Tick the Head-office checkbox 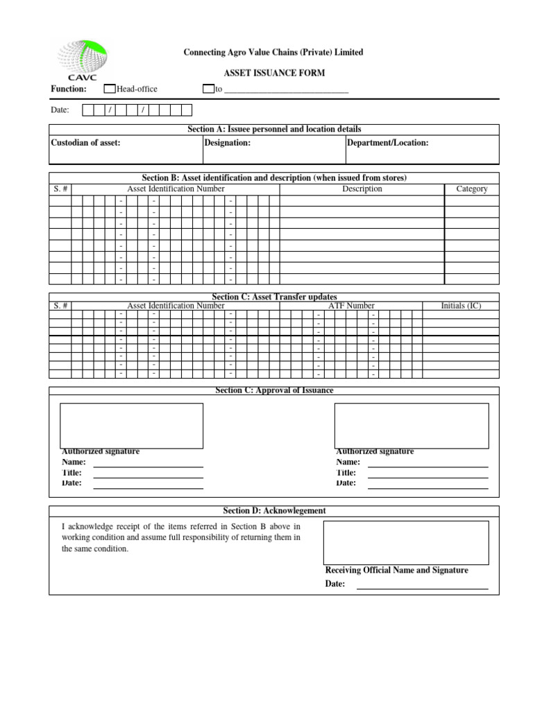pos(110,89)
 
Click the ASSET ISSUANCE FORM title pos(273,73)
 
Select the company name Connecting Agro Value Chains pos(273,53)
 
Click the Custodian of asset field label pos(85,143)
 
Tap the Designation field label pos(228,143)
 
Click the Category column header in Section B pos(471,189)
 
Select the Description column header pos(362,189)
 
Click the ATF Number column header pos(351,306)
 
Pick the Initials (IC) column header pos(461,306)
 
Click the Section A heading pos(274,130)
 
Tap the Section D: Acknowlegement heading pos(274,511)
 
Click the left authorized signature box pos(132,426)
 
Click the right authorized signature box pos(412,426)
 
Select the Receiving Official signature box pos(405,543)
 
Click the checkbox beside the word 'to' pos(208,89)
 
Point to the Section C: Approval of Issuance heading pos(274,391)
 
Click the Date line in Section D pos(422,585)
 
